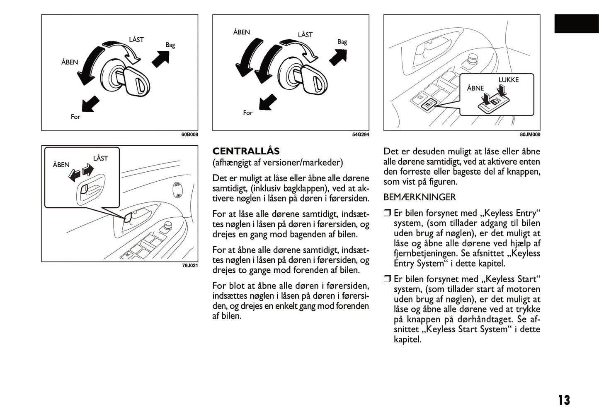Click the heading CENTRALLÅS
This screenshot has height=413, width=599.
coord(246,151)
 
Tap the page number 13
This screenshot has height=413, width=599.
coord(564,400)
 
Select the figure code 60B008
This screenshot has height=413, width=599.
coord(189,134)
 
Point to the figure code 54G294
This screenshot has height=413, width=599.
coord(360,134)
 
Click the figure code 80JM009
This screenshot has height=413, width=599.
coord(530,134)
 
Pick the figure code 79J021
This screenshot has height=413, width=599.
coord(190,265)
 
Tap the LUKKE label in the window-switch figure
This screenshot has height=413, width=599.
coord(508,80)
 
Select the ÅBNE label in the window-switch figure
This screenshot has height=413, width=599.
coord(475,88)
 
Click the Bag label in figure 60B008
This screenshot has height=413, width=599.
coord(170,45)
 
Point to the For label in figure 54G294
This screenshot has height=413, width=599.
coord(247,113)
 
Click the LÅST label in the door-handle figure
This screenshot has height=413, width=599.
coord(100,158)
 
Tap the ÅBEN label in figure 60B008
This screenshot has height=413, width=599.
coord(70,62)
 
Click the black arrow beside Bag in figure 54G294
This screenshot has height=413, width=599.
coord(338,57)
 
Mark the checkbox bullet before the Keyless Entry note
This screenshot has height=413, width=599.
coord(387,213)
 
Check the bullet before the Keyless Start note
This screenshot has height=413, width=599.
coord(387,279)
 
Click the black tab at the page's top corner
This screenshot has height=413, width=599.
coord(576,24)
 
